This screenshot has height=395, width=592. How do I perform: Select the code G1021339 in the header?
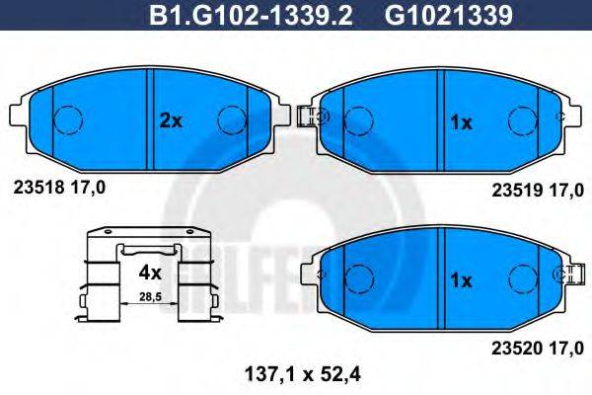click(x=434, y=14)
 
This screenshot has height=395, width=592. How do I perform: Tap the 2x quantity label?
click(x=172, y=121)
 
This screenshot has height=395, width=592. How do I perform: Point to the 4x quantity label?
click(x=150, y=270)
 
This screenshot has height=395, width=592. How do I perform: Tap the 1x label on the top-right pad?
click(x=461, y=123)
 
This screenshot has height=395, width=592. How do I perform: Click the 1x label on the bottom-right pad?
click(x=461, y=280)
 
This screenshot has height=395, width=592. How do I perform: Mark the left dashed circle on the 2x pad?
click(x=66, y=121)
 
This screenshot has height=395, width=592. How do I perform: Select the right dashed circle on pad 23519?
click(x=520, y=121)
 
